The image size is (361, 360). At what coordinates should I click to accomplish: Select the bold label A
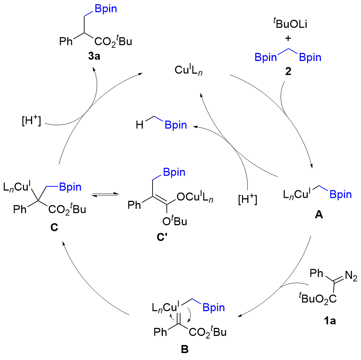click(x=319, y=216)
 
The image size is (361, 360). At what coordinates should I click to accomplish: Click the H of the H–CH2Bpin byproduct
click(x=138, y=125)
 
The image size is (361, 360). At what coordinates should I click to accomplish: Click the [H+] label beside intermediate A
click(x=247, y=200)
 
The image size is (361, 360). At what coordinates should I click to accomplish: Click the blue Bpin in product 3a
click(x=106, y=9)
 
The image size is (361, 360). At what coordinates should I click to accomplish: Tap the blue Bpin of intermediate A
click(x=340, y=195)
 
